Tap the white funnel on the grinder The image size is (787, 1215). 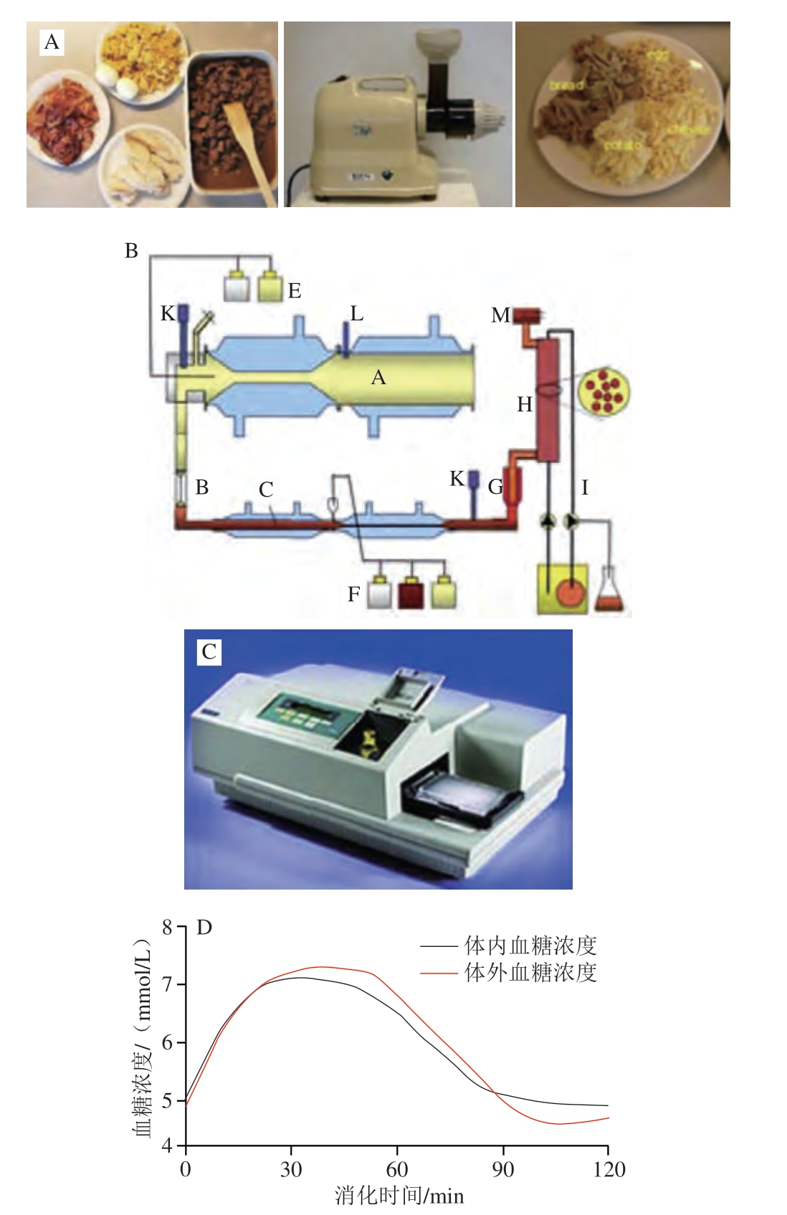pos(438,44)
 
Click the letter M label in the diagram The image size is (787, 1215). pos(500,315)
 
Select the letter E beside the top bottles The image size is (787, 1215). pos(295,291)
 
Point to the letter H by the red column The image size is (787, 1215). pos(525,405)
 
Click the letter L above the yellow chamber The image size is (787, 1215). pos(356,313)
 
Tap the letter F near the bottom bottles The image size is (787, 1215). pos(354,594)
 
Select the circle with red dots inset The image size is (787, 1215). pos(606,391)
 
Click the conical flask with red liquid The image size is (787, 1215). pos(609,594)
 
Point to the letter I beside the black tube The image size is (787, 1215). pos(585,488)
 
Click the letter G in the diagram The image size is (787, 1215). pos(495,487)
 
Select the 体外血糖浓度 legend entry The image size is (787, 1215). pos(530,973)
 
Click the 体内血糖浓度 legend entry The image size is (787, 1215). pos(530,945)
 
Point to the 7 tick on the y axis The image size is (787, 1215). pos(168,984)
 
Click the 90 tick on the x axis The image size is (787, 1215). pos(502,1170)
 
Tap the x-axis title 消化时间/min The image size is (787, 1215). pos(399,1196)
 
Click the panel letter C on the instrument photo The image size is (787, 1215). pos(209,652)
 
